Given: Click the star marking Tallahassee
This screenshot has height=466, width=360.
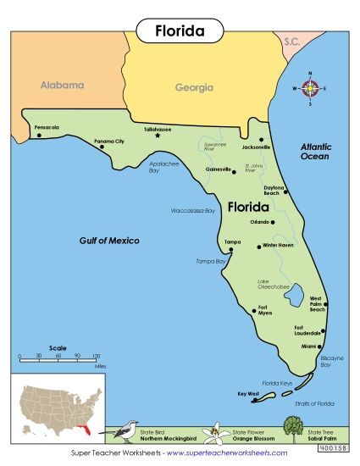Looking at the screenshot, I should coord(158,136).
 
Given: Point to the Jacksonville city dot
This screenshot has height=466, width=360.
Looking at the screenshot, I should coord(262,140).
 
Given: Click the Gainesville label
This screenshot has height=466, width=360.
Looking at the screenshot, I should coord(219,169).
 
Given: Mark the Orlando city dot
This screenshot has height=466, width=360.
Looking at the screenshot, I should coord(272,223).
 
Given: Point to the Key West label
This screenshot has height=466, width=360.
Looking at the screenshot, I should coord(247,393).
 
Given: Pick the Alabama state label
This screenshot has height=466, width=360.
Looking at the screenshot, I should coord(62,86).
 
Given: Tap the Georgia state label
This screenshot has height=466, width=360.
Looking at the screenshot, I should coord(194,87).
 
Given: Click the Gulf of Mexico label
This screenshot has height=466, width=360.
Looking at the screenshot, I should coord(109,241).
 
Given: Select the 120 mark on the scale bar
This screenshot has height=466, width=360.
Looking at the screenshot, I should coord(97,356).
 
